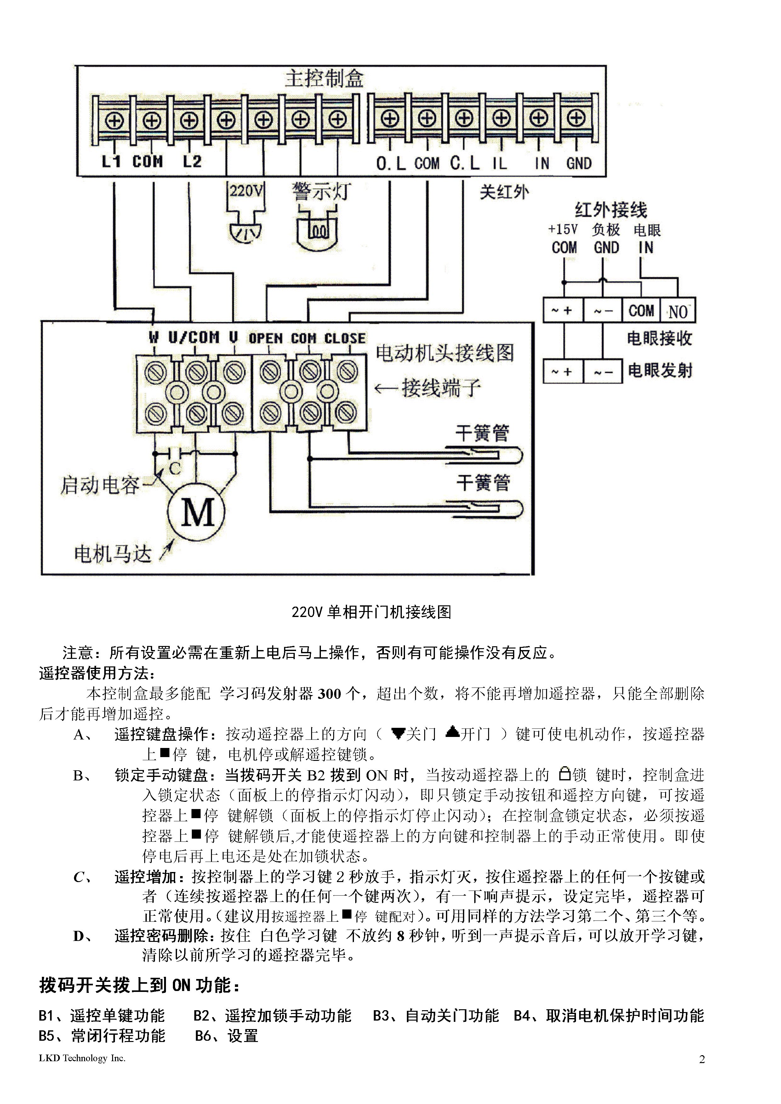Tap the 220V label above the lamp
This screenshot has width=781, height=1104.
(x=245, y=191)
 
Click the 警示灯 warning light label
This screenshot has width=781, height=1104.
(x=321, y=192)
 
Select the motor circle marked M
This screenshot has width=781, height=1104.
(x=196, y=512)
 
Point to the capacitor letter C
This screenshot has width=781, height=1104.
(x=175, y=468)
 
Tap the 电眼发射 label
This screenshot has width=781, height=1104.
(x=660, y=371)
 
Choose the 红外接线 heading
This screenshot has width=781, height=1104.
(x=611, y=210)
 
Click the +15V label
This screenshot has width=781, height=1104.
(x=563, y=229)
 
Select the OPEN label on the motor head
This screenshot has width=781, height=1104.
(x=265, y=338)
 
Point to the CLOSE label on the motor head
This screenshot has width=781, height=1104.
(x=345, y=338)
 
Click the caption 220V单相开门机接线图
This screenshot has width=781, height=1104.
(x=371, y=612)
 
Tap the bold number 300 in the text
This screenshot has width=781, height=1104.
(x=329, y=694)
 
